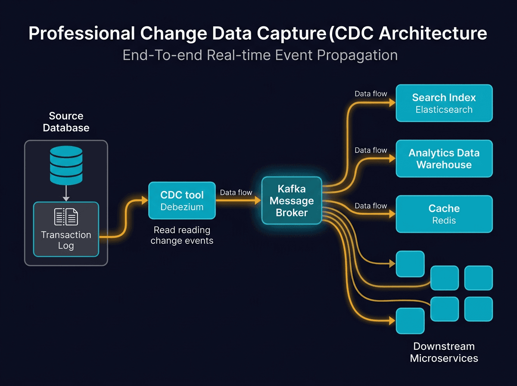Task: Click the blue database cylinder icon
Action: coord(66,165)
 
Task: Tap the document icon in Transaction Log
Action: coord(66,217)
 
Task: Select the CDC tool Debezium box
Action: coord(182,200)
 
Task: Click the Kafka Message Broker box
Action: coord(292,200)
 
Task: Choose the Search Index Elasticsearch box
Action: coord(444,103)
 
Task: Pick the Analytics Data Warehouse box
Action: coord(444,159)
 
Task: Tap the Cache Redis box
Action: coord(444,214)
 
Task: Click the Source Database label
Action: coord(66,122)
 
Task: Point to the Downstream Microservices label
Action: coord(444,352)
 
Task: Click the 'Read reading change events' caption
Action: coord(182,235)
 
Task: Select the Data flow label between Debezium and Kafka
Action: coord(236,193)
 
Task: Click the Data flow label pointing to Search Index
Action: coord(371,93)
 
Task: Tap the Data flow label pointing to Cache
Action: coord(371,206)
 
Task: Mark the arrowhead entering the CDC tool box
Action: coord(144,200)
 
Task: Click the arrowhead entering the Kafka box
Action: coord(258,200)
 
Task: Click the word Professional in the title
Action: coord(82,34)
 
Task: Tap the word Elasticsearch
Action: coord(444,109)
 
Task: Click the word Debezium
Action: coord(182,207)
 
